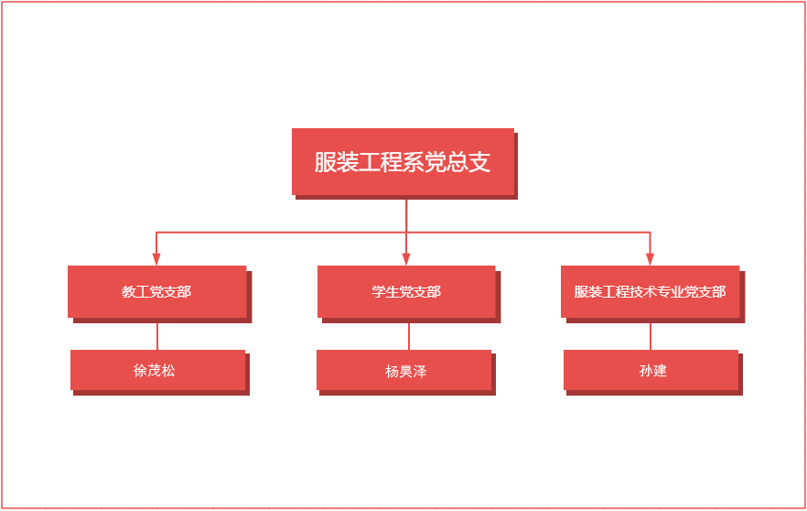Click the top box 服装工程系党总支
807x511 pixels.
tap(403, 161)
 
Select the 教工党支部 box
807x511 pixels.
tap(156, 291)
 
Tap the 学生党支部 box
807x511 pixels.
tap(406, 291)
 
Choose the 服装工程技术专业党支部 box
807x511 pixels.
tap(650, 291)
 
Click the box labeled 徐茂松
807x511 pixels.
tap(157, 370)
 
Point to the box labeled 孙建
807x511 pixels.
tap(651, 370)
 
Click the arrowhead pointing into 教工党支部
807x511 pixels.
tap(156, 259)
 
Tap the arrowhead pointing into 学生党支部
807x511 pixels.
tap(406, 259)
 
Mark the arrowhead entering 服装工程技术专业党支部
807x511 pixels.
tap(651, 259)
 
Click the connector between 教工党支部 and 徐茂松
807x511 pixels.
tap(157, 335)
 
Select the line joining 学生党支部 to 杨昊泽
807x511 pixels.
tap(409, 335)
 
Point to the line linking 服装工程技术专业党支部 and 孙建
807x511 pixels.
tap(651, 335)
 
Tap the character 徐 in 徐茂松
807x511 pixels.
tap(140, 371)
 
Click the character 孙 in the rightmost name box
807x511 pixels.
tap(645, 371)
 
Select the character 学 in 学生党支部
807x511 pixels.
tap(378, 291)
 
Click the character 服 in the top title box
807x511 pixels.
tap(325, 162)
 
